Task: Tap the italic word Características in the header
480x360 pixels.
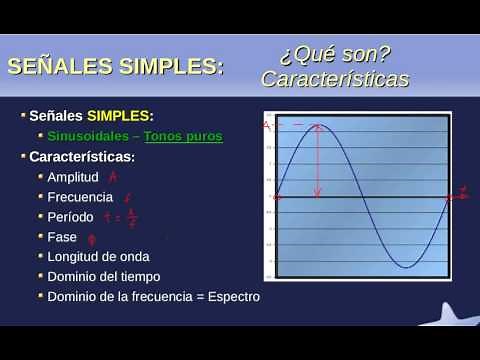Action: [x=334, y=79]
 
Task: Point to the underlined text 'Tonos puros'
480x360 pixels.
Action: [x=183, y=136]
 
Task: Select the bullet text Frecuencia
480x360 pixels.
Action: [x=79, y=197]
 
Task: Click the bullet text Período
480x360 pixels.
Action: [x=71, y=216]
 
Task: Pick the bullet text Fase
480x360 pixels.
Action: [x=62, y=236]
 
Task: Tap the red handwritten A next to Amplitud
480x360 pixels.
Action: [x=113, y=177]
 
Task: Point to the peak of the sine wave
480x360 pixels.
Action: [x=318, y=126]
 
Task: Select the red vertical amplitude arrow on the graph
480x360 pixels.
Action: [x=318, y=160]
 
